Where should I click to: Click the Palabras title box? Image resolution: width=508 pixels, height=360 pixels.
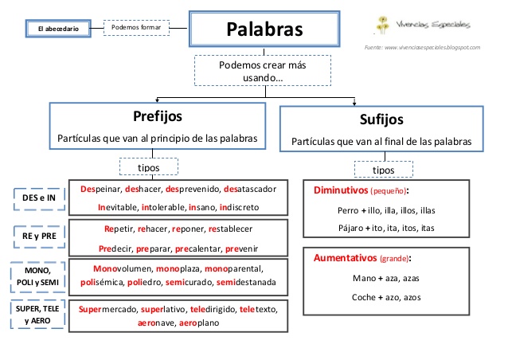point(264,29)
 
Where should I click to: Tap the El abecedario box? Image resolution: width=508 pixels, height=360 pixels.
point(58,29)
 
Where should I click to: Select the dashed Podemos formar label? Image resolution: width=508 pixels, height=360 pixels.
point(136,28)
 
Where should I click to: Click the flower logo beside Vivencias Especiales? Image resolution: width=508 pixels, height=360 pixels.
point(383,25)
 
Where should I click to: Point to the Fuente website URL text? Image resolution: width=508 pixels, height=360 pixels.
point(422,47)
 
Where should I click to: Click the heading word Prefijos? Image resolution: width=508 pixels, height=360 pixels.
point(158,116)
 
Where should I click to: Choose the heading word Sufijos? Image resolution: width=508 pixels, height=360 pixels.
point(381,119)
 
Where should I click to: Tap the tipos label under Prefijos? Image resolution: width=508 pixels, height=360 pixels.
point(149,167)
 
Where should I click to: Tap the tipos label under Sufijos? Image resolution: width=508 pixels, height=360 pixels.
point(384,170)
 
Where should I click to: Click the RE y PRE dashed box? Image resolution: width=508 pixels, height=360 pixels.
point(39,236)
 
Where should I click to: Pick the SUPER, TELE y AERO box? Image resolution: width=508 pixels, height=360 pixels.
point(37,315)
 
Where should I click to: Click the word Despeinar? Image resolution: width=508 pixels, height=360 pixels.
point(100,190)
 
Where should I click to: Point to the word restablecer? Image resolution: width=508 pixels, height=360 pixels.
point(230,229)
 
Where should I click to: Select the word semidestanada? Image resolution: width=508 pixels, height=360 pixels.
point(246,282)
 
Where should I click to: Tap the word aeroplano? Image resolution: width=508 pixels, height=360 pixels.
point(199,323)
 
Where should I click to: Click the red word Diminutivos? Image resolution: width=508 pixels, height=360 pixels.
point(341,190)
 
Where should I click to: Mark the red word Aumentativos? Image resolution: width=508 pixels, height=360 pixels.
point(346,258)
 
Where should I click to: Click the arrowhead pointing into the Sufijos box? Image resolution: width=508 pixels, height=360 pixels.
point(354,103)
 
